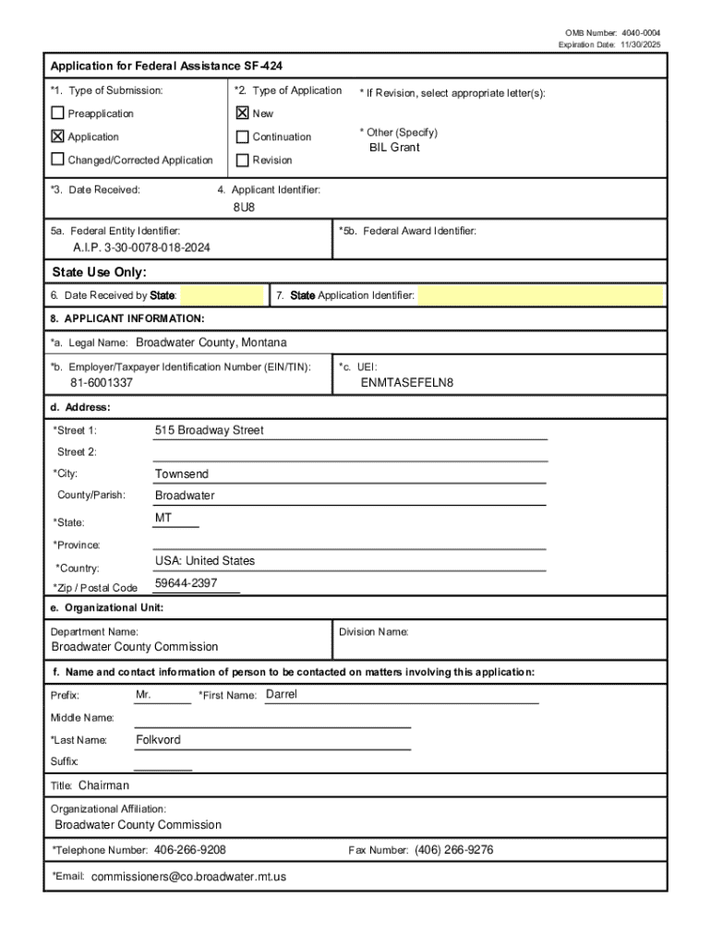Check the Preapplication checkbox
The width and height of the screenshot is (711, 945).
tap(58, 114)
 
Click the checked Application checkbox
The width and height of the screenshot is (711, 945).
tap(58, 137)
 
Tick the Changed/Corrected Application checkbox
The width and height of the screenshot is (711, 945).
tap(58, 160)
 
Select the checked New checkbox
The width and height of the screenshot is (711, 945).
tap(243, 114)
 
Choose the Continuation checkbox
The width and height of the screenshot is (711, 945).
tap(243, 137)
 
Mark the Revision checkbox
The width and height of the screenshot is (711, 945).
tap(243, 160)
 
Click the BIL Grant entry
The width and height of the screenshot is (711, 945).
tap(394, 148)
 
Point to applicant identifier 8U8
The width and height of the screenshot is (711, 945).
tap(244, 207)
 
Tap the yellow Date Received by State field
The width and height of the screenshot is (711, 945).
tap(223, 295)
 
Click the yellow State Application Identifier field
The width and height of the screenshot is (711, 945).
tap(540, 295)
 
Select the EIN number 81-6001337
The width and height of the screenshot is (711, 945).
tap(102, 382)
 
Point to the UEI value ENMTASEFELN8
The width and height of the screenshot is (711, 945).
tap(407, 382)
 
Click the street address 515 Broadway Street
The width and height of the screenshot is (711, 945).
tap(209, 430)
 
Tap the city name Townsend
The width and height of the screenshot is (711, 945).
tap(182, 473)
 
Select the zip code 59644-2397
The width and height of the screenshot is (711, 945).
tap(187, 582)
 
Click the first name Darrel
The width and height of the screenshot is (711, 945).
tap(282, 694)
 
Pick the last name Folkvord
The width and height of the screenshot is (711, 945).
tap(159, 739)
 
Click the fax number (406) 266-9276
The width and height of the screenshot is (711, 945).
tap(453, 850)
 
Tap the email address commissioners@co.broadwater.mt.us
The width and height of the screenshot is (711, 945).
tap(189, 876)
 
